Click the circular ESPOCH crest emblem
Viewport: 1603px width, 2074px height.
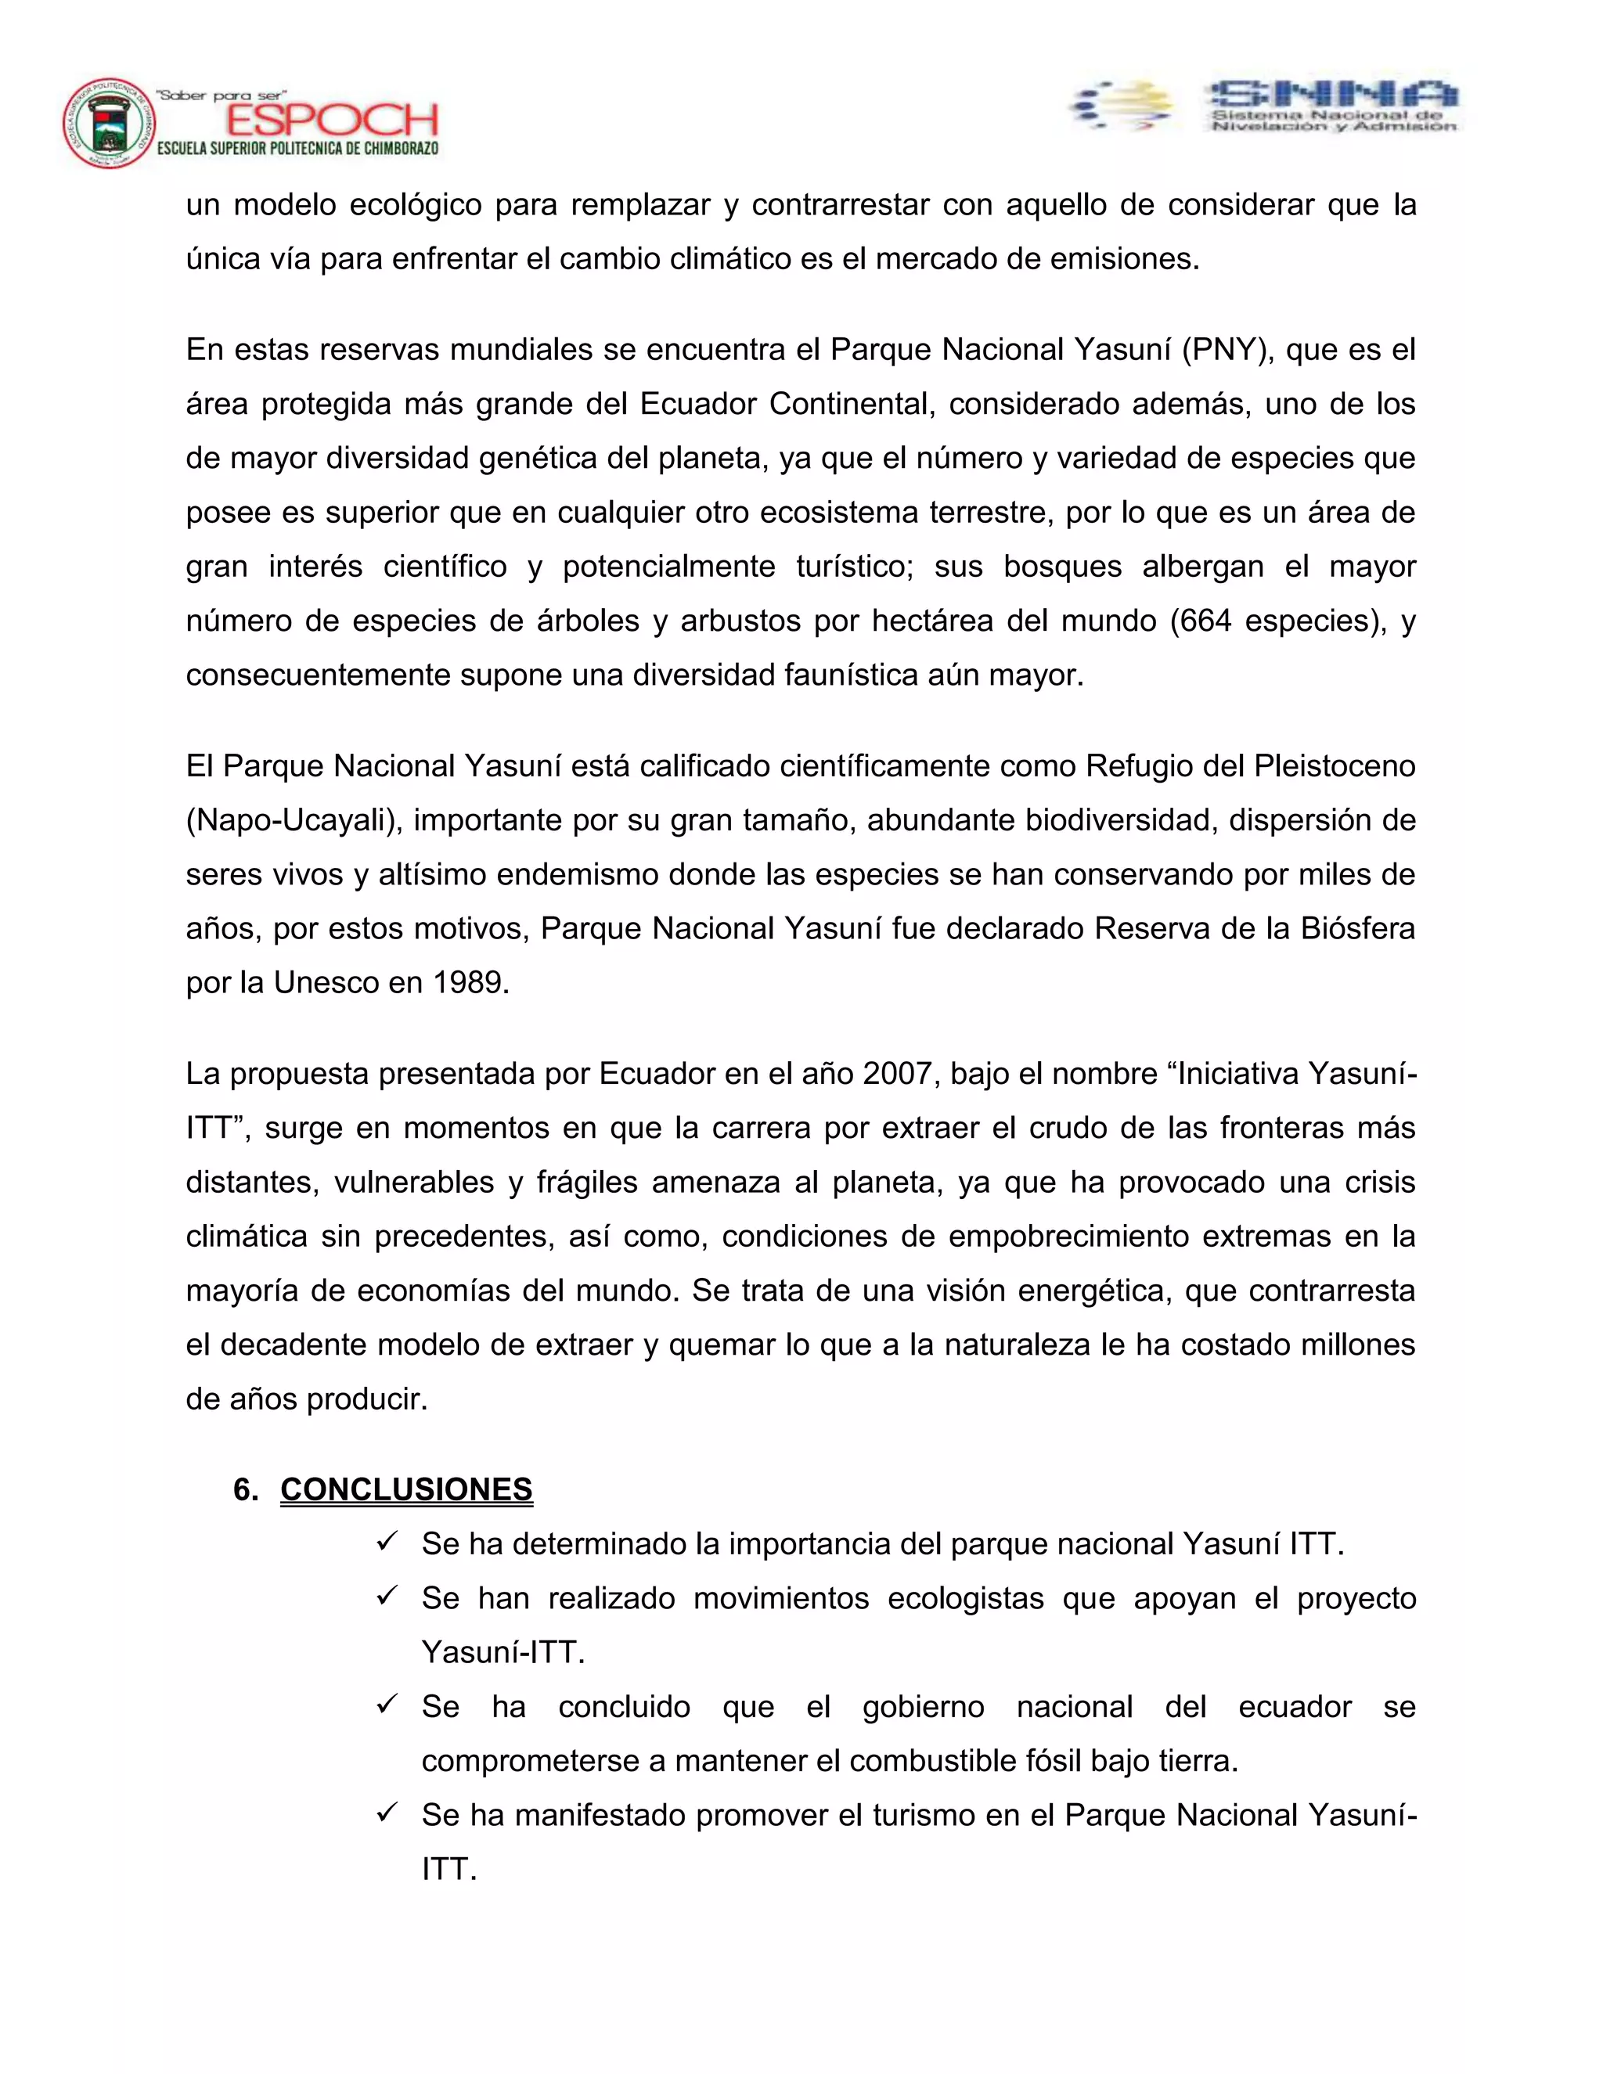pyautogui.click(x=110, y=124)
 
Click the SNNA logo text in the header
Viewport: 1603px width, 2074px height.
pyautogui.click(x=1332, y=94)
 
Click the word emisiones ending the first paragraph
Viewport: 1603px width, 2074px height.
pyautogui.click(x=1122, y=258)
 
